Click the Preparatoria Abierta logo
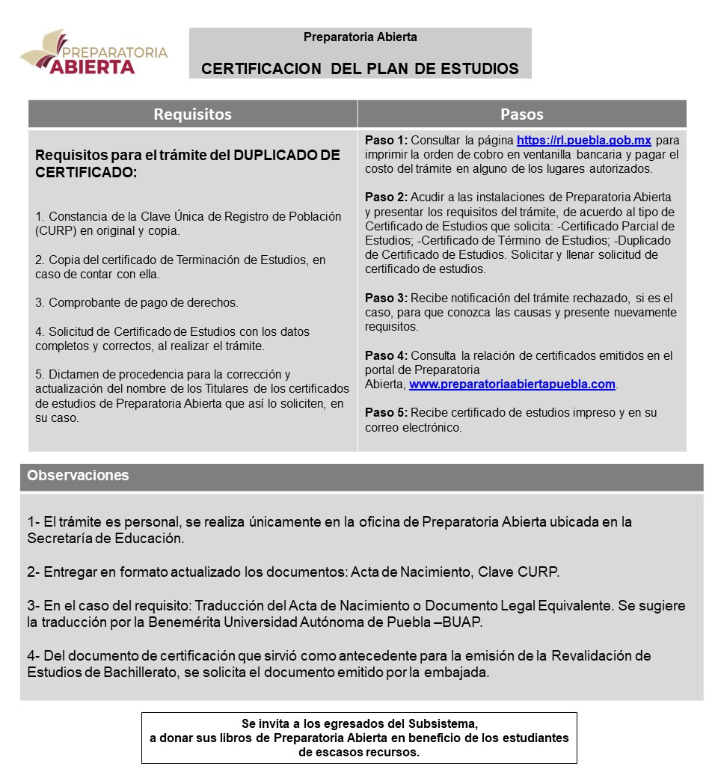[93, 52]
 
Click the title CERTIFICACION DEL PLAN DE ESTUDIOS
[360, 69]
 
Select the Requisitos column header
[192, 114]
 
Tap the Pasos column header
[521, 114]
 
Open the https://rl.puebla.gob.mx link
[583, 140]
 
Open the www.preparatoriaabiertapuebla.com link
[512, 385]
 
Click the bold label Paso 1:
[386, 140]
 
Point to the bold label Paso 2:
[386, 197]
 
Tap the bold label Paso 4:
[386, 356]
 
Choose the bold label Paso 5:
[386, 413]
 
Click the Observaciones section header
[78, 476]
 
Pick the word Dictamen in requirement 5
[74, 374]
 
